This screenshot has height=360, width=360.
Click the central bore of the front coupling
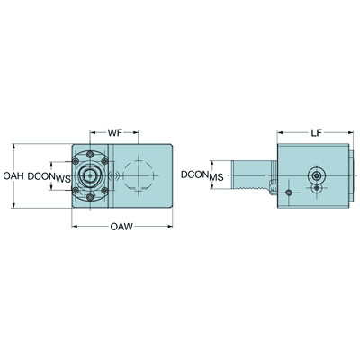coord(91,176)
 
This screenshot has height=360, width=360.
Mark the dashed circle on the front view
coord(138,176)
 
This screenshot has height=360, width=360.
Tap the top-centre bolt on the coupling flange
coord(91,154)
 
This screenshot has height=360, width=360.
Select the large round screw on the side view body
coord(318,175)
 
